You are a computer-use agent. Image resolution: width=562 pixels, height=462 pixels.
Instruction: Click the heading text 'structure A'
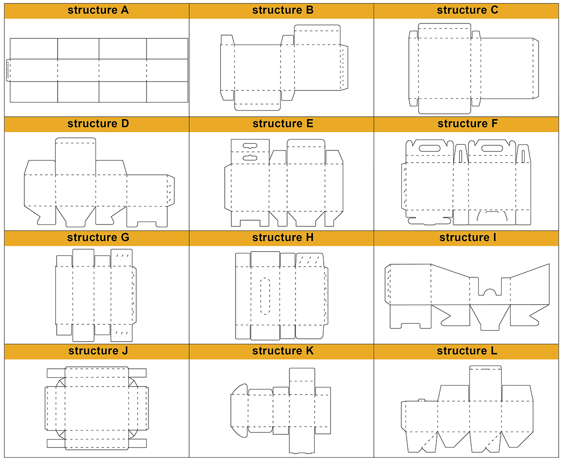[98, 10]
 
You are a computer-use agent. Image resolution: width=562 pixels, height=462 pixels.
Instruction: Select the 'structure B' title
[282, 10]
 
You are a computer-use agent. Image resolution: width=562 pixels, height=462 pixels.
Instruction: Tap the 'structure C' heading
[467, 10]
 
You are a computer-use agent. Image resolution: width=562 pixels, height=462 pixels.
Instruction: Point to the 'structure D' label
[98, 124]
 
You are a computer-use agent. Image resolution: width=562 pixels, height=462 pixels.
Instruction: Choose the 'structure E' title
[282, 124]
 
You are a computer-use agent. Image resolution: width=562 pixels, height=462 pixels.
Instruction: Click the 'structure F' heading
[467, 124]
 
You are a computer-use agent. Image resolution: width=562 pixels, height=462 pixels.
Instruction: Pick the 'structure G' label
[98, 237]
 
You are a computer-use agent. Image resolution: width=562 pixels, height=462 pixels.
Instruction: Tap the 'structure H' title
[282, 237]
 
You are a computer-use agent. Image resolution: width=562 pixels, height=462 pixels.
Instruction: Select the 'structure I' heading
[467, 237]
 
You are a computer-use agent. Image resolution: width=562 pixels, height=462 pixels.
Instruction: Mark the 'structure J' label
[98, 351]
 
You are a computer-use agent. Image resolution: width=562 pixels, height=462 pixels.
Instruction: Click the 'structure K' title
[282, 351]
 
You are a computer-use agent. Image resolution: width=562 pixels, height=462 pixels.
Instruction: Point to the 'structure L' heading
[467, 351]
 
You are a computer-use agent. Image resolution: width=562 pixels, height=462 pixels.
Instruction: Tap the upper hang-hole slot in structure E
[250, 146]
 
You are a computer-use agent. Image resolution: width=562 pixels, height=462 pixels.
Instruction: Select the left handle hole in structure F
[427, 148]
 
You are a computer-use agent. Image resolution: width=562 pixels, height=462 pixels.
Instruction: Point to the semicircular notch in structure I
[490, 292]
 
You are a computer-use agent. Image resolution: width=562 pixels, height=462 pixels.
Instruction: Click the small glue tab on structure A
[8, 70]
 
